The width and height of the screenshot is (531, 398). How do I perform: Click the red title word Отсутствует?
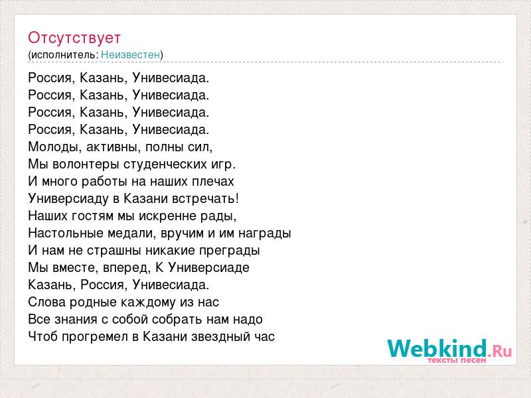pos(74,38)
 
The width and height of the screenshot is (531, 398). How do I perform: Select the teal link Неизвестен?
pos(130,54)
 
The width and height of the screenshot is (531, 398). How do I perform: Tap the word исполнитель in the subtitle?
pos(64,55)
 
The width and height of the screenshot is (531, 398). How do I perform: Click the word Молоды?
pos(55,147)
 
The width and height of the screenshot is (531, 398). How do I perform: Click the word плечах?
pos(213,182)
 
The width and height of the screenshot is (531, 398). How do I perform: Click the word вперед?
pos(127,268)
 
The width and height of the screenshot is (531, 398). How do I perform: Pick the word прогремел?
pos(94,337)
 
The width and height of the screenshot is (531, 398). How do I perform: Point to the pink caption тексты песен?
pos(457,360)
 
